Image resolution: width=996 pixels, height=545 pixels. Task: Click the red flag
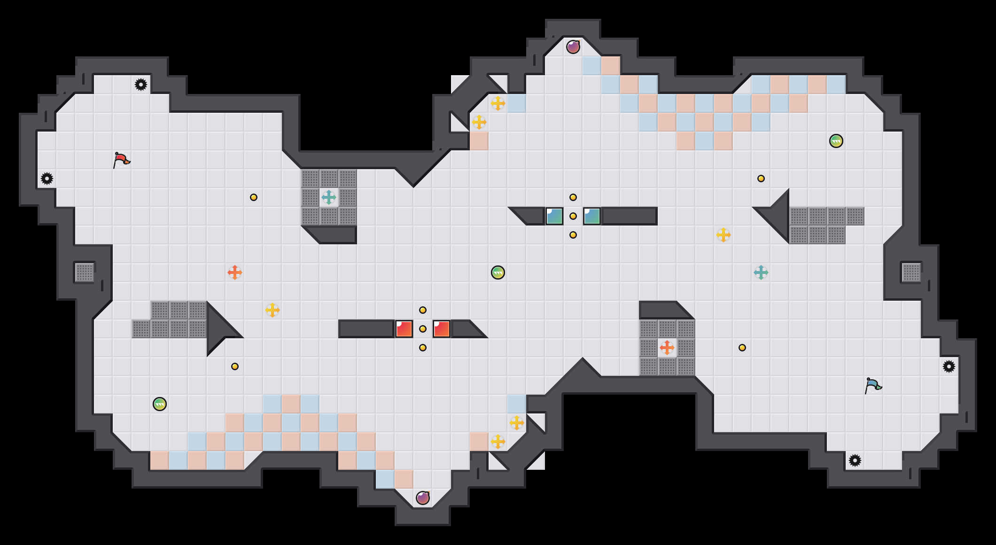coord(121,160)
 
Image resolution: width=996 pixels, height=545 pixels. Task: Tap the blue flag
coord(873,385)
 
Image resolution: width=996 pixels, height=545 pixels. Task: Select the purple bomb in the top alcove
coord(573,47)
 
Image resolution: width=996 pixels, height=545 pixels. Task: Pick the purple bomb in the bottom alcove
coord(422,498)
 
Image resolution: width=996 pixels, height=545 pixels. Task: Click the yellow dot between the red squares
coord(423,329)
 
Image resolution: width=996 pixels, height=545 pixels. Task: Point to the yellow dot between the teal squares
coord(573,216)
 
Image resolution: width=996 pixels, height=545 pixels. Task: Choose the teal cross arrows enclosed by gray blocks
coord(329,197)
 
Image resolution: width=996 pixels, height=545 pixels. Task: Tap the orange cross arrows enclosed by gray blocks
coord(667,348)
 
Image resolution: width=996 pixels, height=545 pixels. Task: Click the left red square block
coord(404,329)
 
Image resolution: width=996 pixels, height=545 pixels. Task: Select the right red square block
coord(442,329)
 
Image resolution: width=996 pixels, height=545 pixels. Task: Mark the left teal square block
coord(554,216)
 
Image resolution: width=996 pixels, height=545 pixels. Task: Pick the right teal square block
coord(592,216)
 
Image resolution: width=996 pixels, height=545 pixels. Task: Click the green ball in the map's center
coord(498,272)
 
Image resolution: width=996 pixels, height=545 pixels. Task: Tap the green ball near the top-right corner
coord(836,141)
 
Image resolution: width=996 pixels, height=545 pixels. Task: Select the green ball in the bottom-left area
coord(160,404)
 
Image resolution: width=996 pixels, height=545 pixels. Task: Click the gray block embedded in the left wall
coord(85,272)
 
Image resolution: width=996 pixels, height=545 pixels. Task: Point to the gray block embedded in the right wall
coord(911,272)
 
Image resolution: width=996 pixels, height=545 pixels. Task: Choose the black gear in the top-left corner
coord(141,85)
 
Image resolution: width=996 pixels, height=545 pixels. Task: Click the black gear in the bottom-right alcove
coord(855,460)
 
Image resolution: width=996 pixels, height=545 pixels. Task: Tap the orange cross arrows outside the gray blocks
coord(235,272)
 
